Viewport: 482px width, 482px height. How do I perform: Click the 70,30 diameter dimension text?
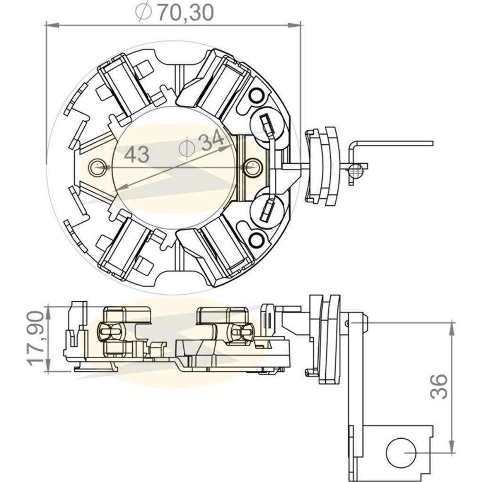coord(185,13)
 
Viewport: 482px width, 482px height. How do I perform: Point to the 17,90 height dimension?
coord(37,338)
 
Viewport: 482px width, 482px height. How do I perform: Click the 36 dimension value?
coord(439,386)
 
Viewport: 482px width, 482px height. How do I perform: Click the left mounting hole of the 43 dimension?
coord(97,167)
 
